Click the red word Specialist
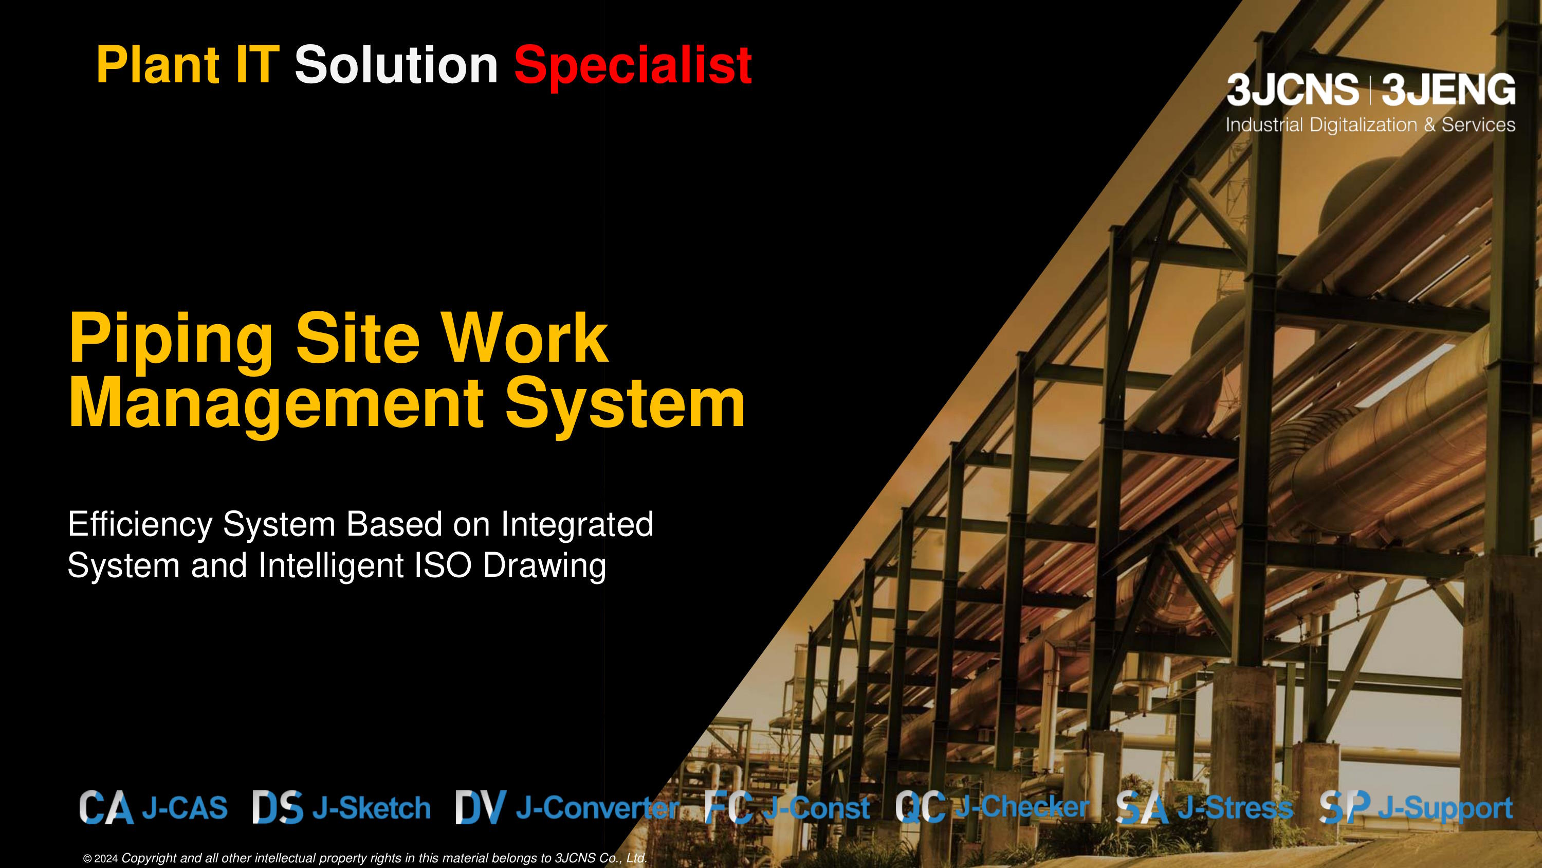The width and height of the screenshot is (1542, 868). point(633,66)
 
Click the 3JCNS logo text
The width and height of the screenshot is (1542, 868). point(1292,90)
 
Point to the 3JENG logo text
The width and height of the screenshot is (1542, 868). point(1448,90)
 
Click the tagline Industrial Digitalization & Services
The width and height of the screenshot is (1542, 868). point(1371,125)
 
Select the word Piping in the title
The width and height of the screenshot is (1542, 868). point(171,340)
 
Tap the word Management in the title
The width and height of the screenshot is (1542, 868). point(276,405)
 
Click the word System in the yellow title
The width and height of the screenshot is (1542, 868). point(626,405)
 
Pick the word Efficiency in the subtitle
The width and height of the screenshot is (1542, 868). point(140,525)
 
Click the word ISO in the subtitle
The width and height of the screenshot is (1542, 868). point(444,565)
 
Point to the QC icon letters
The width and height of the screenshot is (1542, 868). point(921,807)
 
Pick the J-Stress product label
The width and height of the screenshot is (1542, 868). point(1236,808)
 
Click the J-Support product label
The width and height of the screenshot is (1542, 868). point(1445,809)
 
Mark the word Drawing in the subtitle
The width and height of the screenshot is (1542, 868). point(545,566)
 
